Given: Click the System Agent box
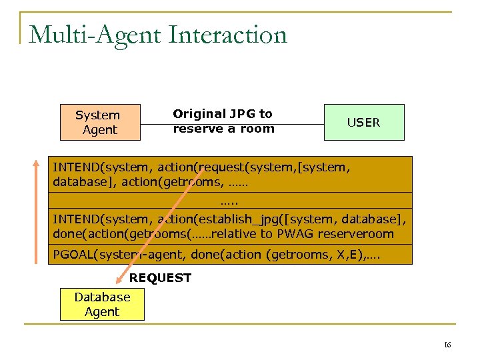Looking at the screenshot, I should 100,123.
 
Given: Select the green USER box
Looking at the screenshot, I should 364,122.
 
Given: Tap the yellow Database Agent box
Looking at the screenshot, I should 102,304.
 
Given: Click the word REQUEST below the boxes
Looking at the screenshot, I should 160,278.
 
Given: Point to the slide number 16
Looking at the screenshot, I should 447,345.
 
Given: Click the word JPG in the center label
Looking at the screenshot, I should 243,114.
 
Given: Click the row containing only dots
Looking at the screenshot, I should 229,200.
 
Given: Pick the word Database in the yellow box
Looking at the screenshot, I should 102,297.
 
